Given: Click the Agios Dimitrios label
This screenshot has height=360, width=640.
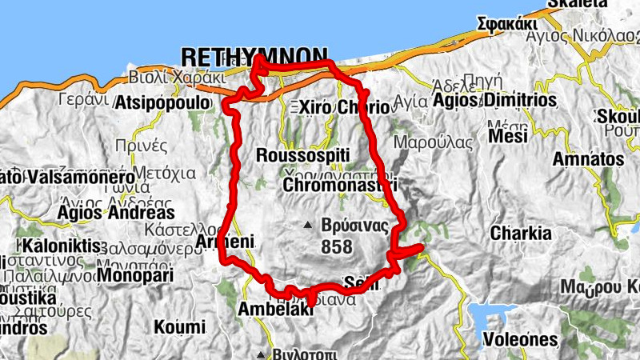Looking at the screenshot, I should pos(494,101).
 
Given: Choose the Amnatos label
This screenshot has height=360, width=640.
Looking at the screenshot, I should pos(588,159).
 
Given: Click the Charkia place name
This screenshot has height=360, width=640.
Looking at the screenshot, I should pos(521,234).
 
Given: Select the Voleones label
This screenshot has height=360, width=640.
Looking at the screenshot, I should pos(519,339).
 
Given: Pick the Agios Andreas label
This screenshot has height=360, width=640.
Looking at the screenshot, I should pos(116,213).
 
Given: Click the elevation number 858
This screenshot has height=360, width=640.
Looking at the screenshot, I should pos(336,247).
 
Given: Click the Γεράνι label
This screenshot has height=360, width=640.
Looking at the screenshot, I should pos(82,101).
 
